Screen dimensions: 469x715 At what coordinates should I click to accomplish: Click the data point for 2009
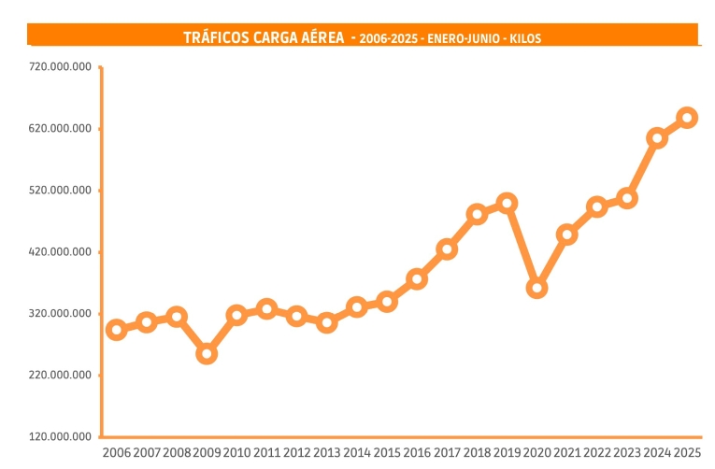click(207, 354)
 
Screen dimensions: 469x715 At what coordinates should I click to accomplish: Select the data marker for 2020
click(536, 288)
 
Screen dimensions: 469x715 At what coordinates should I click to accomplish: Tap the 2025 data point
click(687, 118)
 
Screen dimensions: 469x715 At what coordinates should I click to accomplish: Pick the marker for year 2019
click(507, 203)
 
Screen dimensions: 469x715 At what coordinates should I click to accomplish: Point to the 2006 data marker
click(117, 330)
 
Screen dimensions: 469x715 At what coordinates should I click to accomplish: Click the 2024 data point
click(657, 138)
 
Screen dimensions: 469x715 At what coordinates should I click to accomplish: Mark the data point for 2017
click(447, 249)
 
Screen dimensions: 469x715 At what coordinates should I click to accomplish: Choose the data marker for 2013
click(326, 323)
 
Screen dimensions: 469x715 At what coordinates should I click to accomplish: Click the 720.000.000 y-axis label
click(61, 67)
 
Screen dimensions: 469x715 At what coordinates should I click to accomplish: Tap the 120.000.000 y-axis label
click(61, 437)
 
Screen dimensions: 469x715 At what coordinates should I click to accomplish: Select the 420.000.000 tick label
click(61, 252)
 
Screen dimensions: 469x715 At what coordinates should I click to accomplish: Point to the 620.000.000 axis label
click(61, 129)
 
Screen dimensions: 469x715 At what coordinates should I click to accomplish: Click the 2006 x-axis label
click(117, 453)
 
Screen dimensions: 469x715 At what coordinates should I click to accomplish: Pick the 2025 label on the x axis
click(687, 453)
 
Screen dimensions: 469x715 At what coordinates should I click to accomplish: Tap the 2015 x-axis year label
click(387, 453)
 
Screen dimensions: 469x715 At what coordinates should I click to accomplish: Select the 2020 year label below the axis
click(536, 453)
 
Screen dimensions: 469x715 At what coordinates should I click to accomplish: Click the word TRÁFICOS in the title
click(217, 38)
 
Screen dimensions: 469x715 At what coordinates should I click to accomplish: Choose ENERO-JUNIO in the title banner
click(462, 39)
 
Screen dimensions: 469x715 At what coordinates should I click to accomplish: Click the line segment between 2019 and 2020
click(522, 246)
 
